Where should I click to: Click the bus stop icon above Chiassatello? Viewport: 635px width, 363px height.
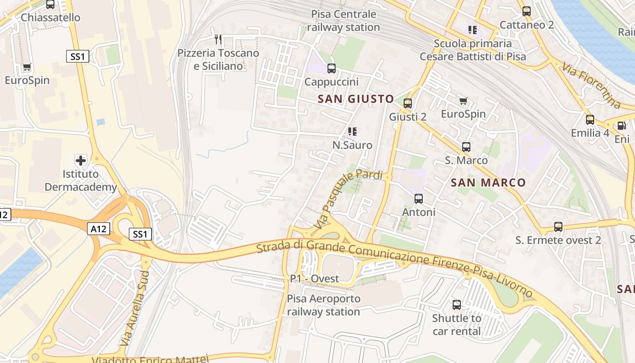coord(50,5)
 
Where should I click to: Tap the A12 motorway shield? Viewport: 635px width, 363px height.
coord(98,229)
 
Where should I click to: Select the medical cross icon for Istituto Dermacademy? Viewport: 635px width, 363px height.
coord(81,160)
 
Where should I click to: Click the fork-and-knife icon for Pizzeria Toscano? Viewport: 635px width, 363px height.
coord(218,39)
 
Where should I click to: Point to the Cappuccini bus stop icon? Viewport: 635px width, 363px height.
coord(332,69)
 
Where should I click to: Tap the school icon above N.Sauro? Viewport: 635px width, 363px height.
coord(352,132)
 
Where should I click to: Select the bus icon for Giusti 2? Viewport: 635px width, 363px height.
coord(408,103)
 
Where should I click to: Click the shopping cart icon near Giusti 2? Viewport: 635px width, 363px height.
coord(463,101)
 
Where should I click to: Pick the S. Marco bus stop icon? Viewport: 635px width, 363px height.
coord(466,147)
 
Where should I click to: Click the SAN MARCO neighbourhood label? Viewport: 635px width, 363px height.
coord(488,183)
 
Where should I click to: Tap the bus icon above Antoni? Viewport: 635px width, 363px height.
coord(419,199)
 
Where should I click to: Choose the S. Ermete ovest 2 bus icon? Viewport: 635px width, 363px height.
coord(558,227)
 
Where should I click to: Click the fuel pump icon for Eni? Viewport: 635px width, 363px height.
coord(621,126)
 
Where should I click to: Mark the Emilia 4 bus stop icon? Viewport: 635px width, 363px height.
coord(590,120)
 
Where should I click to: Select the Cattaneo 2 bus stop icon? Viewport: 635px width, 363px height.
coord(527,11)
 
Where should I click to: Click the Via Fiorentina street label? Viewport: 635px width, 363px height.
coord(591,86)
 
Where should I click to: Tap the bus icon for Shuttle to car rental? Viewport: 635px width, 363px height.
coord(457,305)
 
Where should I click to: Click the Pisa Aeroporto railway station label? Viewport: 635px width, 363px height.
coord(323,305)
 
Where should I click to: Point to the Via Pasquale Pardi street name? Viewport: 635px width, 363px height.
coord(348,199)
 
